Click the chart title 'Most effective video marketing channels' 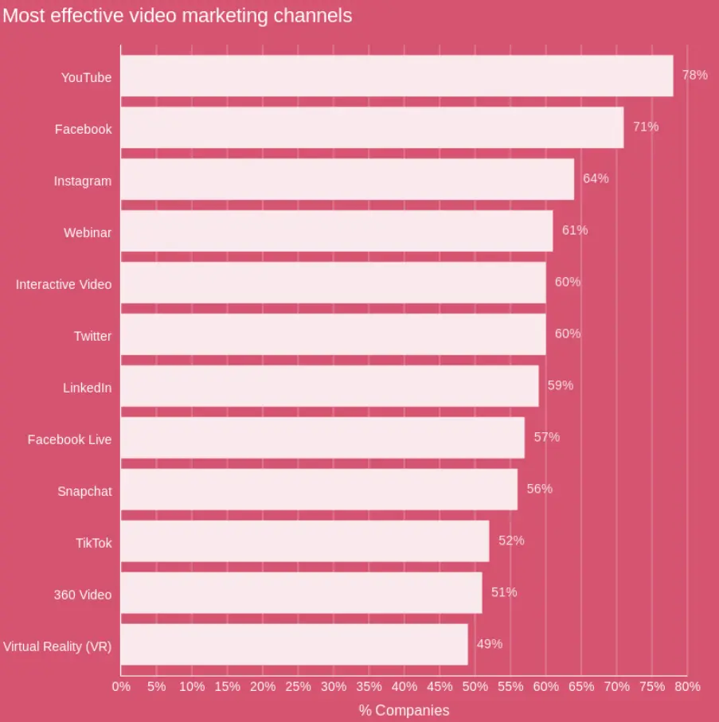click(x=177, y=16)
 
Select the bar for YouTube click(x=397, y=76)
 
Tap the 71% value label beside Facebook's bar click(x=646, y=127)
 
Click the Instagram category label click(x=83, y=181)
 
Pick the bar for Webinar click(x=336, y=231)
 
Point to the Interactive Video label click(x=64, y=284)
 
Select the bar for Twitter click(x=333, y=334)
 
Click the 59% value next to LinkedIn click(x=560, y=385)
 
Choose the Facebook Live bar click(x=322, y=438)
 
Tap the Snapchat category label click(x=84, y=491)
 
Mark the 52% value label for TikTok click(x=511, y=541)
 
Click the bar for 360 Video click(x=301, y=593)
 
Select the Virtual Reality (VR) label click(x=57, y=646)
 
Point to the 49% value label click(x=490, y=644)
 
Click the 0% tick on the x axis click(x=121, y=686)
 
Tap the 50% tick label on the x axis click(x=475, y=686)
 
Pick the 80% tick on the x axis click(x=687, y=686)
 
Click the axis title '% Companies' click(x=404, y=710)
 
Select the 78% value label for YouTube click(x=694, y=75)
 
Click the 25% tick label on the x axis click(x=298, y=686)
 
